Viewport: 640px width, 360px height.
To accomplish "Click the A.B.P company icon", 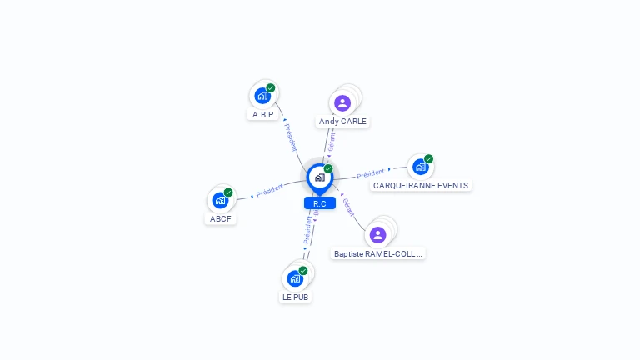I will (x=262, y=95).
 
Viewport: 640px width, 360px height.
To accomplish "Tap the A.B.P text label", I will (x=262, y=114).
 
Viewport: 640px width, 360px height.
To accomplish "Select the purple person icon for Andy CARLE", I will (x=342, y=103).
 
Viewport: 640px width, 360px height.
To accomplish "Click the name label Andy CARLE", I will (x=342, y=121).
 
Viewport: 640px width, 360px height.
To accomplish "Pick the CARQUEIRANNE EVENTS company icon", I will (x=420, y=167).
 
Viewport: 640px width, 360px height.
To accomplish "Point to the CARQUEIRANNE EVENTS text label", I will (x=421, y=185).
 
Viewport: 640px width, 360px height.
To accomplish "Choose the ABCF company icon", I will (x=220, y=201).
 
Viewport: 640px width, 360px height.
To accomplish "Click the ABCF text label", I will (x=221, y=219).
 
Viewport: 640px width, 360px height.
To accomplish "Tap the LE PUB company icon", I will (x=295, y=278).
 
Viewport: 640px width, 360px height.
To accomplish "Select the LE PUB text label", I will (x=296, y=297).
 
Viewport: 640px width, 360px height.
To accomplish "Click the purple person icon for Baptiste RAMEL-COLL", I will (x=377, y=235).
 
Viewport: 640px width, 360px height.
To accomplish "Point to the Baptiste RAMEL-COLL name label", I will (x=378, y=253).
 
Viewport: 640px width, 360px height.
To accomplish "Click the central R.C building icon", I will (x=319, y=177).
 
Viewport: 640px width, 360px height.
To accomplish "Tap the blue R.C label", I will (x=319, y=203).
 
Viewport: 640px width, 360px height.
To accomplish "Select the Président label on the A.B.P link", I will (x=291, y=137).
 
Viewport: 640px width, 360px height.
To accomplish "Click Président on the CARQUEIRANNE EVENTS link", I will (x=371, y=174).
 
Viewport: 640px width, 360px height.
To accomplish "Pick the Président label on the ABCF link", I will (x=270, y=192).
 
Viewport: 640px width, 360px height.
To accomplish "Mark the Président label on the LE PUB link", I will (x=307, y=231).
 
